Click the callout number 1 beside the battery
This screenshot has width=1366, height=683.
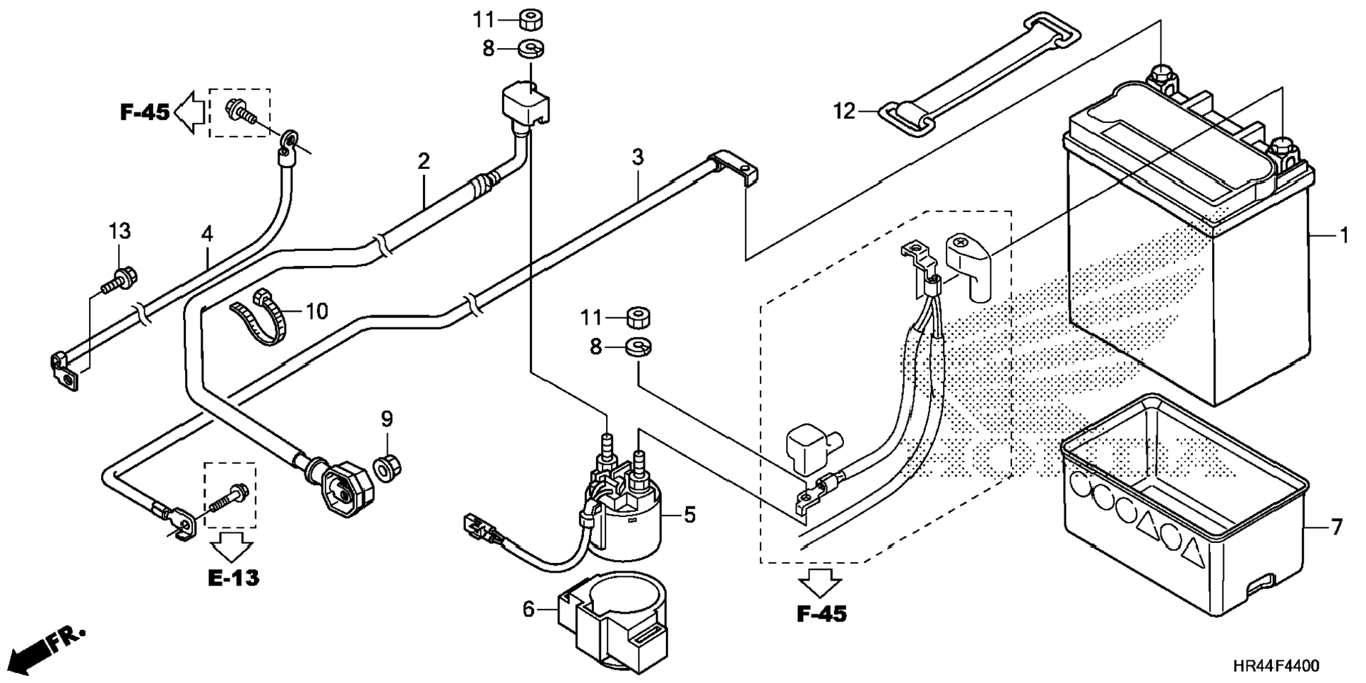(1344, 235)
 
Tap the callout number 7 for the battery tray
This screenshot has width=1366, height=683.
(1335, 527)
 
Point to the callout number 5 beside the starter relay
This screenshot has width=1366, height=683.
(689, 515)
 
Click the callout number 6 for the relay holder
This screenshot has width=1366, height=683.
(529, 609)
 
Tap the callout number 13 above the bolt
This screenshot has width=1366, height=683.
(119, 230)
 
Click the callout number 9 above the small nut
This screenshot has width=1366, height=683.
(386, 419)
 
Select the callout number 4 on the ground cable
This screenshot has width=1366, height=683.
(206, 233)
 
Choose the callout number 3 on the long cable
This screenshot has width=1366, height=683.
(638, 157)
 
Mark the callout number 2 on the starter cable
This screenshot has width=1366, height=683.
(423, 161)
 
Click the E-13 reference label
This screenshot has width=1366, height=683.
(234, 578)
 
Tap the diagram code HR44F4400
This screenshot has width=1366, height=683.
(1276, 666)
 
